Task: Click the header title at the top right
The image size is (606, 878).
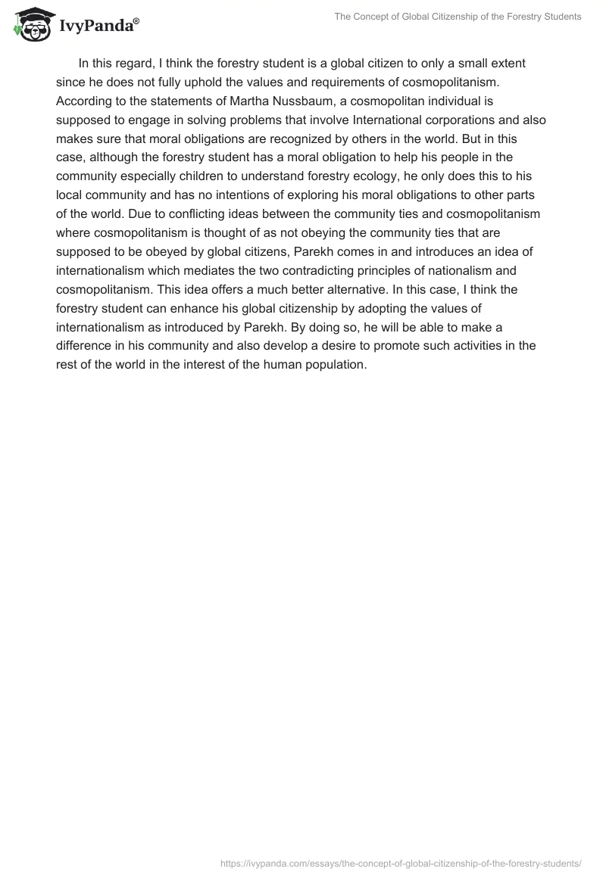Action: (458, 17)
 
